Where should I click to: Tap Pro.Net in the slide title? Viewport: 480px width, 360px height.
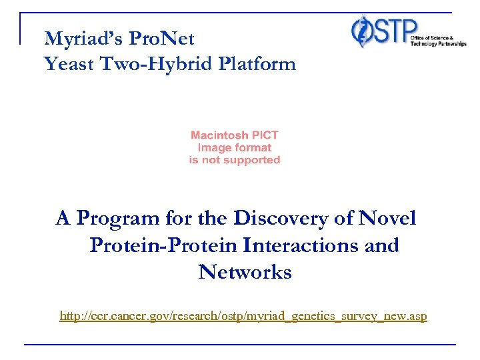[164, 39]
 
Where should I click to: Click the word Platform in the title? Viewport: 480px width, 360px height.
[255, 65]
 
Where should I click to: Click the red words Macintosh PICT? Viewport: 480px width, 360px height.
[235, 135]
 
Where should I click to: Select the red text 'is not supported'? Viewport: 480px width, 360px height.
[235, 160]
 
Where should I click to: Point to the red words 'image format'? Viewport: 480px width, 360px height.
[235, 147]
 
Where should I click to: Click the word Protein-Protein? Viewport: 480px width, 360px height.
[163, 245]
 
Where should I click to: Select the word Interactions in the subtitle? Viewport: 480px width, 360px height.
[310, 245]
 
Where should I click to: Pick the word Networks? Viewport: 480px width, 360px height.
[245, 272]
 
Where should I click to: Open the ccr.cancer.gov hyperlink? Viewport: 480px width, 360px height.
[243, 315]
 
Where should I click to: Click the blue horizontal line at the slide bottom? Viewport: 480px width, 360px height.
[240, 344]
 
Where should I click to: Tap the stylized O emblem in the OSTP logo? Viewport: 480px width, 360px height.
[363, 31]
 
